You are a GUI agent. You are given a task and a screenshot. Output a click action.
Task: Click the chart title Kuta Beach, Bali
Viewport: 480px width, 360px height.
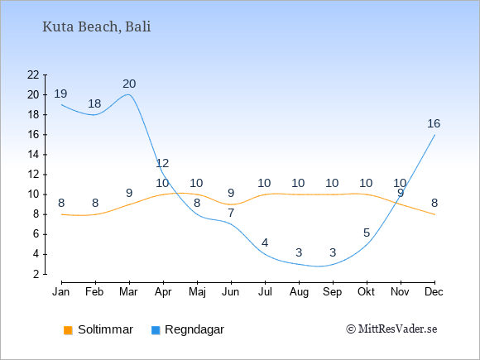click(x=97, y=27)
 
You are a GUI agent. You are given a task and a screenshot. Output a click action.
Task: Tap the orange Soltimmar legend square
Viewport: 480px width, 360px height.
click(x=68, y=330)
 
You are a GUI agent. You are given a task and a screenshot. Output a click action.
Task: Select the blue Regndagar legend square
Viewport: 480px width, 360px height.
click(x=156, y=330)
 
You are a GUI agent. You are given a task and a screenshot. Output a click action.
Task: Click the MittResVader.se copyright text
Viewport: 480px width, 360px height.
click(x=391, y=329)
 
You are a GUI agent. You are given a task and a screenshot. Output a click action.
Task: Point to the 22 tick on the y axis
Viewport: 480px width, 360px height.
click(x=33, y=74)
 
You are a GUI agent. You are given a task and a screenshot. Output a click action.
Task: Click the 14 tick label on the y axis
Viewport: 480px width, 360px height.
click(x=33, y=155)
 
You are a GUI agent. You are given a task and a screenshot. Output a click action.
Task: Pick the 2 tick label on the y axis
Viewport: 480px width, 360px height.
click(x=36, y=274)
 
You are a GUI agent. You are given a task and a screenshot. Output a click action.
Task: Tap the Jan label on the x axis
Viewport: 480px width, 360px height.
click(x=61, y=292)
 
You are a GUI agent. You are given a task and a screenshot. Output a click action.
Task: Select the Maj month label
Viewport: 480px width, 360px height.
click(x=197, y=292)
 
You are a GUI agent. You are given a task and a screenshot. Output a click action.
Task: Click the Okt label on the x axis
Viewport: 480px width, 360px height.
click(x=366, y=292)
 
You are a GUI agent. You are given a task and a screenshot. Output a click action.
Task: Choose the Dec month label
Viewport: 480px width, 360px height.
click(x=434, y=292)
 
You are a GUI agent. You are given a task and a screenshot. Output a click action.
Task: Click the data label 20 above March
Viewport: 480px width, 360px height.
click(x=129, y=84)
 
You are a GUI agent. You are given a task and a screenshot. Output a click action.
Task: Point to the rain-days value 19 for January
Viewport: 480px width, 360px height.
click(x=60, y=94)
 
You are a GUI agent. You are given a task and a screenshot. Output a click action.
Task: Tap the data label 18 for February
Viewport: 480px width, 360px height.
click(x=94, y=103)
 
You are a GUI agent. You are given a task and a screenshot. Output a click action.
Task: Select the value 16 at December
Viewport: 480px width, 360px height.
click(x=434, y=123)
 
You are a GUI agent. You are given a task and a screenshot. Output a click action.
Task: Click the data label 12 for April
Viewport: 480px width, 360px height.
click(x=162, y=163)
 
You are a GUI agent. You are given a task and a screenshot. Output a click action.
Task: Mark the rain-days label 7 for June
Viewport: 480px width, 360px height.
click(x=231, y=213)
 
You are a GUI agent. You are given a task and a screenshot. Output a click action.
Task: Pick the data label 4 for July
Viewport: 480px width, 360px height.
click(x=265, y=243)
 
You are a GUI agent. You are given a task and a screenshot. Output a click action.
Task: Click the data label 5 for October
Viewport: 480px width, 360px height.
click(x=367, y=233)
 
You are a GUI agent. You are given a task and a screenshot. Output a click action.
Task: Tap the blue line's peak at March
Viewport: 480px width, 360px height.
click(x=128, y=94)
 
